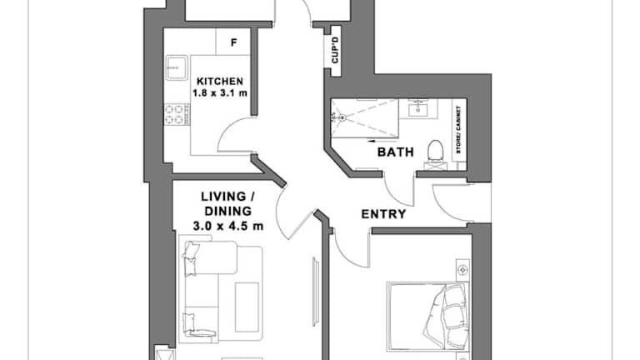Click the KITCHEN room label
point(220,81)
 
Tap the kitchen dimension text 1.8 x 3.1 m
point(220,93)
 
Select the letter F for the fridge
point(234,42)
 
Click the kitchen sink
point(177,67)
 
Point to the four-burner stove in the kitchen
point(177,114)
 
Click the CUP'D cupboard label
point(335,50)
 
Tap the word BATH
point(396,152)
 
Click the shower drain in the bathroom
point(342,117)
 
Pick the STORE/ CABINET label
point(459,130)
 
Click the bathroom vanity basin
point(418,108)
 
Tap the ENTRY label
point(383,214)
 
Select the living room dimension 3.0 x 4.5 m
point(227,226)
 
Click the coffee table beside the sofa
point(247,307)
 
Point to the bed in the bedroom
point(427,316)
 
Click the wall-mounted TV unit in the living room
point(316,292)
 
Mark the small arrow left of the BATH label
point(372,142)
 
